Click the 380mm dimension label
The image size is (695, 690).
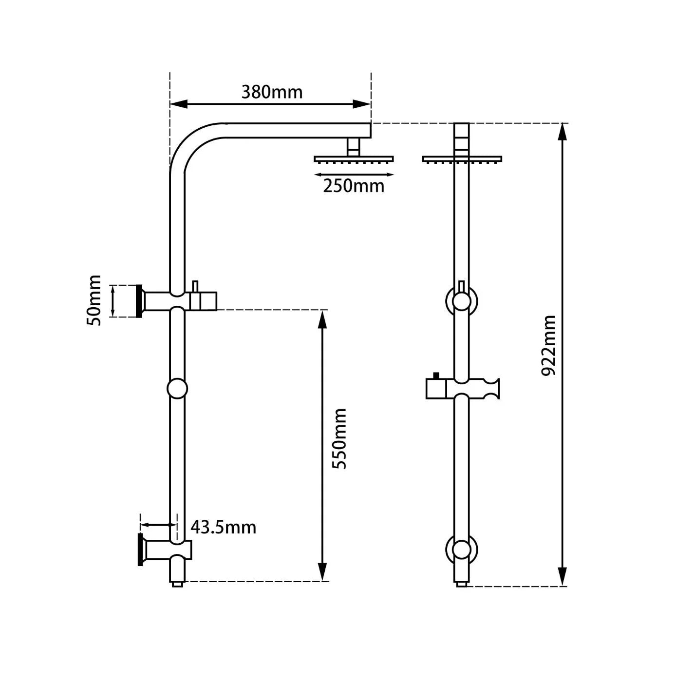coord(272,92)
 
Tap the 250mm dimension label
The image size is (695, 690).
coord(354,186)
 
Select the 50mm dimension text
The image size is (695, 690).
coord(94,300)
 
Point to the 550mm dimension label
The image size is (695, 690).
coord(339,439)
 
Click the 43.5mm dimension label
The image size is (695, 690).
coord(223,527)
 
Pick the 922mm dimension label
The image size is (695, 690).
coord(549,345)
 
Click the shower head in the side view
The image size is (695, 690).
coord(354,159)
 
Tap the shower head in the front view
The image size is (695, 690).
coord(462,159)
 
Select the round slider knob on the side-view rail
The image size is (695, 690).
coord(177,389)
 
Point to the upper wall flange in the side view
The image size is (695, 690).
coord(139,301)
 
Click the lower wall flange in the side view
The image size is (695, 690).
coord(140,550)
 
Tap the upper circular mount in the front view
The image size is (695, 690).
coord(461,301)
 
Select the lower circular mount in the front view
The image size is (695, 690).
coord(461,550)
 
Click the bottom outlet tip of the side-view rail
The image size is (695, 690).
coord(177,583)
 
